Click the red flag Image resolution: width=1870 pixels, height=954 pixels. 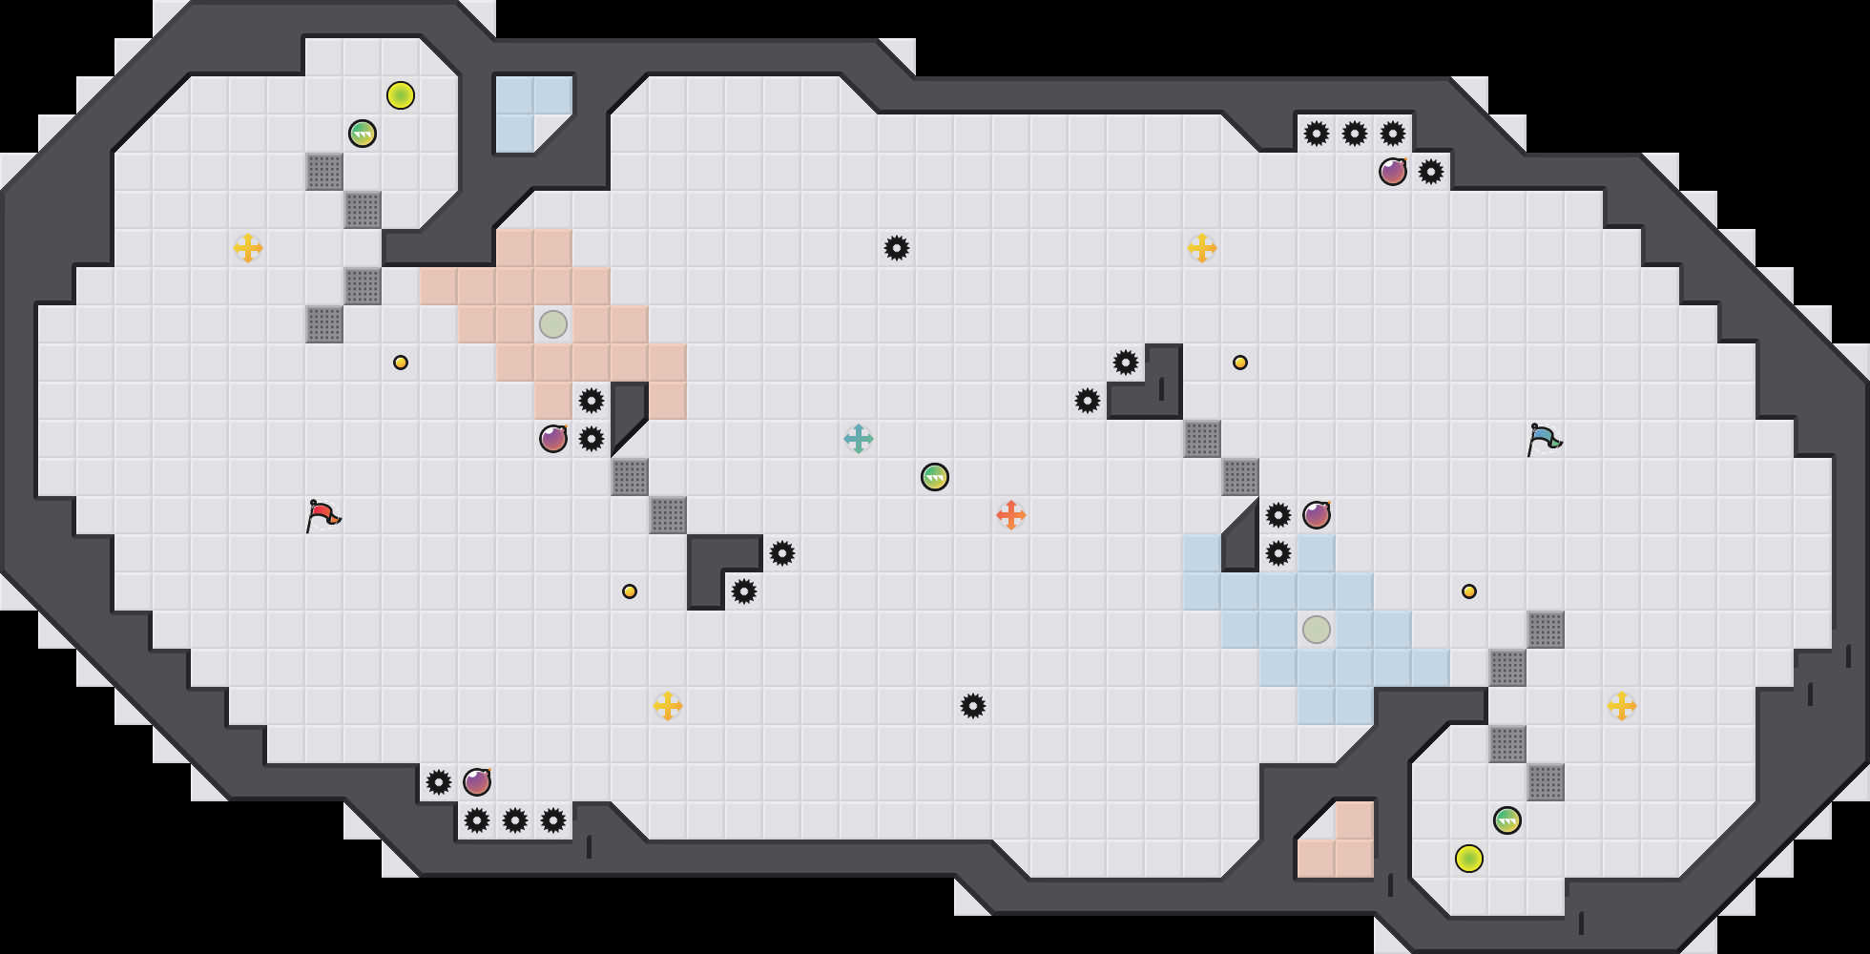point(322,515)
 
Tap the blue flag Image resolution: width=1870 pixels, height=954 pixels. point(1543,439)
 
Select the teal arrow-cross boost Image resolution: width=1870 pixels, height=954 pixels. point(859,439)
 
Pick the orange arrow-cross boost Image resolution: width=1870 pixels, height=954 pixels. point(1011,515)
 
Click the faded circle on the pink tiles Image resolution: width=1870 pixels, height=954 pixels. point(553,324)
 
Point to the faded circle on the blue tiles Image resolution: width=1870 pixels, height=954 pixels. point(1317,630)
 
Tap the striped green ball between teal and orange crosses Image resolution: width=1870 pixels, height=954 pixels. point(935,477)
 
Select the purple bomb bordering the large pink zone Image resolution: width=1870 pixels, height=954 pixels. point(553,439)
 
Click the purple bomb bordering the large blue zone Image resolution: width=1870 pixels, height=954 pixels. point(1317,515)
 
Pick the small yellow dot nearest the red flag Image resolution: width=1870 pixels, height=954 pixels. point(401,363)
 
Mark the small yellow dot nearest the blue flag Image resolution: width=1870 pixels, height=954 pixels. point(1469,591)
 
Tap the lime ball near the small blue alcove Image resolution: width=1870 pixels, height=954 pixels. point(401,95)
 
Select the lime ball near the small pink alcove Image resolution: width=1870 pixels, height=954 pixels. point(1469,859)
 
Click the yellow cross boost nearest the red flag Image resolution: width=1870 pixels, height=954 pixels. point(248,248)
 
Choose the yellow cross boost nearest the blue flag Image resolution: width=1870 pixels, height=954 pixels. point(1622,706)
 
